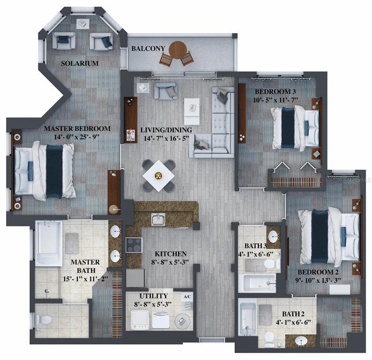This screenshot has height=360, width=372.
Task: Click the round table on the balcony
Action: pos(177,49)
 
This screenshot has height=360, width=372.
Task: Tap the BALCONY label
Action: pos(148,49)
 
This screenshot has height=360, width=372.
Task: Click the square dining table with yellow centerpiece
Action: pos(159,176)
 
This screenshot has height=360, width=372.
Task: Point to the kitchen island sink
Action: pos(158,219)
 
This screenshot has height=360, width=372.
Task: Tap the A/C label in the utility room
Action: pos(187,297)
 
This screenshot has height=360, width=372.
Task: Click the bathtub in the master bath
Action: pos(48,242)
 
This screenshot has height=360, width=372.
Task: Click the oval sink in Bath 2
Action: pos(300,340)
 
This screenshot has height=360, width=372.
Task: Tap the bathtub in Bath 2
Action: pos(247,319)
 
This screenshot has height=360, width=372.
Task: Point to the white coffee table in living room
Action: pos(191,111)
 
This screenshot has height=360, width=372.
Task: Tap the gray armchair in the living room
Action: pos(165,90)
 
